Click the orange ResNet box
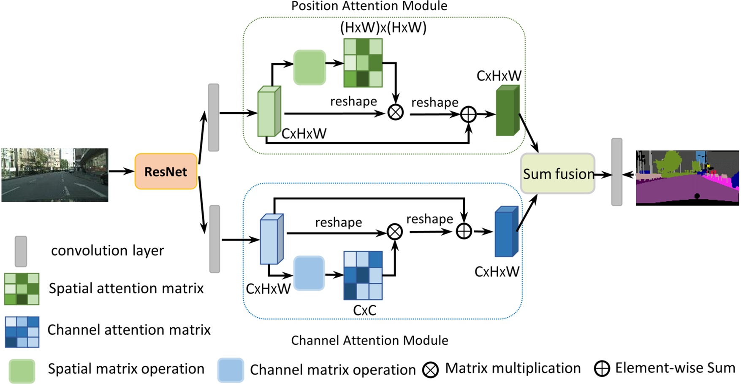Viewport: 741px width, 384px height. (x=166, y=171)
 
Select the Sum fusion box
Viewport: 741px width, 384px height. (x=557, y=173)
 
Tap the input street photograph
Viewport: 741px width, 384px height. (x=54, y=175)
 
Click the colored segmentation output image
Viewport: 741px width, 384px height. (x=687, y=178)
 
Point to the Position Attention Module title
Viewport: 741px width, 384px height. (x=369, y=6)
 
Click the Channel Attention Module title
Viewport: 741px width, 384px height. (x=369, y=340)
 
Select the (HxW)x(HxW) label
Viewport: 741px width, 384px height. (x=383, y=28)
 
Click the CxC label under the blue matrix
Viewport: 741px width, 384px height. (x=364, y=311)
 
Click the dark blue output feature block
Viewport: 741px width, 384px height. (x=506, y=232)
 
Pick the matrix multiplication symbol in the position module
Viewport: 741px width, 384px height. (x=395, y=112)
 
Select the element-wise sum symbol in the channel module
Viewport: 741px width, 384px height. (x=464, y=231)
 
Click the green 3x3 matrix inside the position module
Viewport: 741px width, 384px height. (x=363, y=63)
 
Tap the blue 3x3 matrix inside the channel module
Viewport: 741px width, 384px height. (x=363, y=275)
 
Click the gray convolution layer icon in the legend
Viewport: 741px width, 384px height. (x=21, y=251)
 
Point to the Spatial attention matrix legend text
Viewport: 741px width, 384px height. (x=126, y=288)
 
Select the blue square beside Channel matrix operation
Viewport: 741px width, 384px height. (x=231, y=370)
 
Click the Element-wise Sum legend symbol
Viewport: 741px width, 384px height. (x=602, y=368)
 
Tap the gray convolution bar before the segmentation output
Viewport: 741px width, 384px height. (x=616, y=172)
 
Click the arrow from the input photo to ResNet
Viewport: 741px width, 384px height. (x=121, y=171)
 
